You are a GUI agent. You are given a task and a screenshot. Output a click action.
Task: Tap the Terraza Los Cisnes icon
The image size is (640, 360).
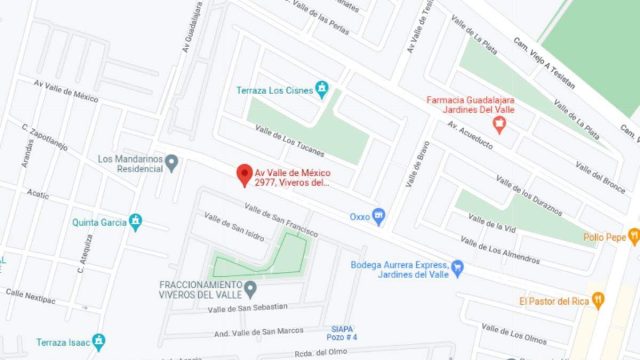[322, 90]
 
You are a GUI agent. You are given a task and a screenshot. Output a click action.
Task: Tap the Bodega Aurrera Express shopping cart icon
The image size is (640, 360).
[457, 267]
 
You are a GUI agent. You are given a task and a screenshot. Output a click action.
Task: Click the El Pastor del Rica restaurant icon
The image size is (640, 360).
[598, 299]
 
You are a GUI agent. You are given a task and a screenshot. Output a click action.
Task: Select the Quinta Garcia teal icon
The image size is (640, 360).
[136, 222]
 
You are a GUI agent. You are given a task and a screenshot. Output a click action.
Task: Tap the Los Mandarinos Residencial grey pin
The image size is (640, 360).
[171, 162]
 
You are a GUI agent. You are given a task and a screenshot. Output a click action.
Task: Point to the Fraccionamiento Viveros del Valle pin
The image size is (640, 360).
[250, 289]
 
